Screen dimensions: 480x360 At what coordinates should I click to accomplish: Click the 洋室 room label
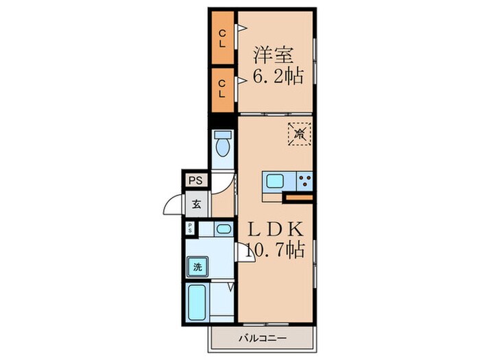(x=274, y=55)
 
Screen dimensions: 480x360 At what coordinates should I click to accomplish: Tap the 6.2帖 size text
(x=278, y=76)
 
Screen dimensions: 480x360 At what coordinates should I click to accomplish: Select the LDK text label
(x=275, y=229)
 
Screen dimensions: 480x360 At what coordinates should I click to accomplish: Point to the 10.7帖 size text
(x=274, y=250)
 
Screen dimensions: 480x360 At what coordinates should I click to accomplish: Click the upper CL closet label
(x=222, y=38)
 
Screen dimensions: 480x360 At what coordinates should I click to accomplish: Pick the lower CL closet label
(x=222, y=88)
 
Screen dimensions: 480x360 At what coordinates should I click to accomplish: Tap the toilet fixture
(x=223, y=143)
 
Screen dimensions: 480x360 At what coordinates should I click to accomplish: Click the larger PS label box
(x=195, y=180)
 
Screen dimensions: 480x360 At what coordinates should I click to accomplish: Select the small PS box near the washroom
(x=190, y=228)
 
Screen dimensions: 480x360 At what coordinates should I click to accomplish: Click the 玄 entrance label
(x=197, y=204)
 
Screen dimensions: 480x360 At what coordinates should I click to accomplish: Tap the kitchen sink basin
(x=274, y=181)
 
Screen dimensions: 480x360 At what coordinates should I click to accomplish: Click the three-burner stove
(x=304, y=181)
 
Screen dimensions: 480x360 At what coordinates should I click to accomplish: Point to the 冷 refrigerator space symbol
(x=300, y=134)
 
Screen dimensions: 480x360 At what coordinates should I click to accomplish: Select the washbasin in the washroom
(x=224, y=229)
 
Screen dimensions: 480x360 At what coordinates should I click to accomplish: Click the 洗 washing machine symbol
(x=197, y=267)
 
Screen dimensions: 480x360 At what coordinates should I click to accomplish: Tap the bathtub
(x=197, y=302)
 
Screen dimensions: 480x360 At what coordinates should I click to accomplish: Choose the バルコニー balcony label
(x=263, y=338)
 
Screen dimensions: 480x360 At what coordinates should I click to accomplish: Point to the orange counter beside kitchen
(x=299, y=197)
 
